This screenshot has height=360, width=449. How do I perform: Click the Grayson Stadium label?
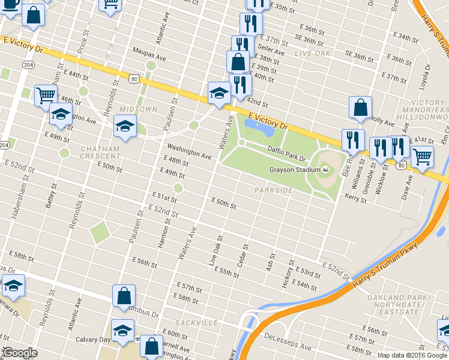[x=295, y=170]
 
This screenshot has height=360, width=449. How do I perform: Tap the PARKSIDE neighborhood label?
[x=273, y=190]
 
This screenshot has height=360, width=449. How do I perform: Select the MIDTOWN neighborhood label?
[x=138, y=109]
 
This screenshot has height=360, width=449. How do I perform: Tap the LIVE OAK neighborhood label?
[x=313, y=54]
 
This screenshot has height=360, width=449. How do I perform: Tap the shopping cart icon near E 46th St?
[x=46, y=95]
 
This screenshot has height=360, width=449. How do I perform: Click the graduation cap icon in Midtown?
[x=125, y=126]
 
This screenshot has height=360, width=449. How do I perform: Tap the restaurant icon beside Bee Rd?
[x=353, y=140]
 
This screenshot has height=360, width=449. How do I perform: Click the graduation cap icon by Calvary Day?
[x=123, y=331]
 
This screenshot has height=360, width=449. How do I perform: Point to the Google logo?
[x=19, y=353]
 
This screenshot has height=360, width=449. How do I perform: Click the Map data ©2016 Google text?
[x=412, y=355]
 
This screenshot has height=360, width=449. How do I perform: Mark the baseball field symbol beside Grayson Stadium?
[x=325, y=170]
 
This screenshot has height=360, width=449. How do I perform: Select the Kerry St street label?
[x=355, y=196]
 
